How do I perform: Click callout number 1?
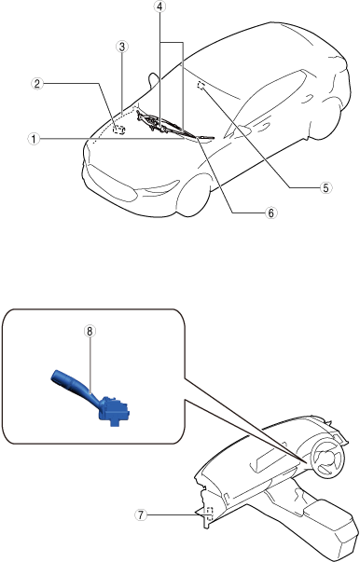(35, 139)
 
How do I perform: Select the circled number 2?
(37, 84)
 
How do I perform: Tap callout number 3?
(122, 47)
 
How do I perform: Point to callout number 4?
(160, 7)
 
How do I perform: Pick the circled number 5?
(325, 187)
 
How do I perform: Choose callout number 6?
(271, 212)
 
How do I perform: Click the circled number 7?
(141, 515)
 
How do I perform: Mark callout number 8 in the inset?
(90, 332)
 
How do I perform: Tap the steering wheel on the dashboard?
(328, 459)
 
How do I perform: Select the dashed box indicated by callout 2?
(118, 130)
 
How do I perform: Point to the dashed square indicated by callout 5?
(201, 85)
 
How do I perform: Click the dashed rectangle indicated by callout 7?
(210, 514)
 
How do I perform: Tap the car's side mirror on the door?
(242, 129)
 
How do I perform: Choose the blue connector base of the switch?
(114, 409)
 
